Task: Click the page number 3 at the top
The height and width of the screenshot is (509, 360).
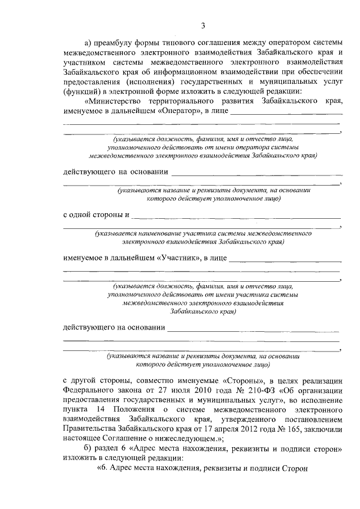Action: point(203,25)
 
